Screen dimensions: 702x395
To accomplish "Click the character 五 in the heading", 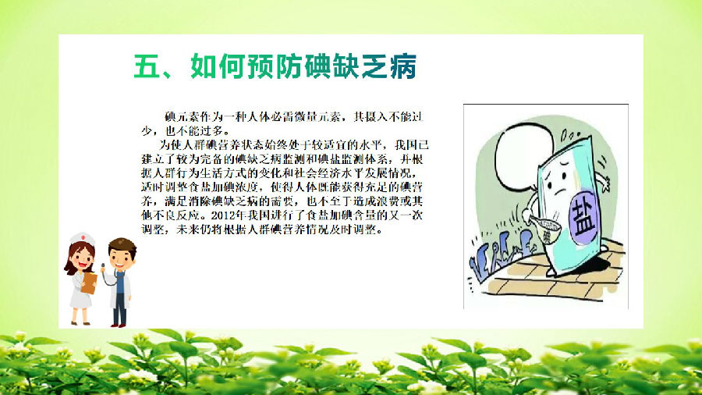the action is pyautogui.click(x=147, y=66).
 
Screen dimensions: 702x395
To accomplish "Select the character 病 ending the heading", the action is pyautogui.click(x=403, y=66).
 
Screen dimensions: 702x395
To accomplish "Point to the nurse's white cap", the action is pyautogui.click(x=83, y=237).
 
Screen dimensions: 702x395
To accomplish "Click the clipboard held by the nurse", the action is pyautogui.click(x=89, y=283).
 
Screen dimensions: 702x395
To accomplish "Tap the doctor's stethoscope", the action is pyautogui.click(x=111, y=277).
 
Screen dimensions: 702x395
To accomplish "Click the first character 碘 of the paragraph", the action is pyautogui.click(x=170, y=117).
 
